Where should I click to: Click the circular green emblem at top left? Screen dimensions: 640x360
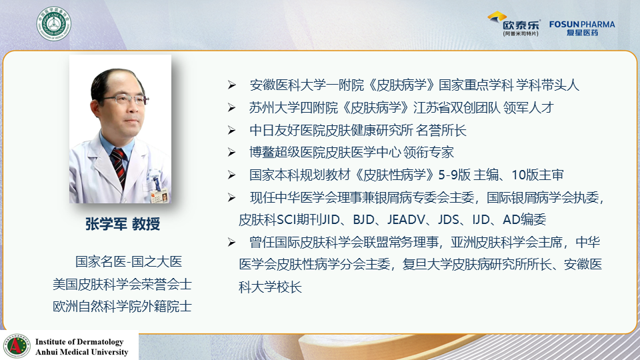54,24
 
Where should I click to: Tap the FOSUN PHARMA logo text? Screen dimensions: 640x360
582,25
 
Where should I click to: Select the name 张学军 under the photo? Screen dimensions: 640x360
106,224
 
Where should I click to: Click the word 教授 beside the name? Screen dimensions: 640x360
146,224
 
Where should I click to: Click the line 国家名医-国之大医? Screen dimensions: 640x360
129,261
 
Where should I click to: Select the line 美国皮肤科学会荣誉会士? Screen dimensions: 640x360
122,284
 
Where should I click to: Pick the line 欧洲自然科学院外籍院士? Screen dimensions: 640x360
122,307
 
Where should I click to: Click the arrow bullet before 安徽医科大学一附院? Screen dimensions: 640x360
232,85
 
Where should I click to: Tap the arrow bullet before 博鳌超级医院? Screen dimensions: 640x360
232,153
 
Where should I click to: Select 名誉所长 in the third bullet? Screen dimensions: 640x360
441,130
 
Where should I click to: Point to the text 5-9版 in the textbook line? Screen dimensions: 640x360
454,175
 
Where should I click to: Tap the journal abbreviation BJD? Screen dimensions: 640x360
364,219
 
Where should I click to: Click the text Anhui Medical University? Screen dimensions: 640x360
81,352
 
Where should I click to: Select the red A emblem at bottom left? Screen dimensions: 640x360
16,346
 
